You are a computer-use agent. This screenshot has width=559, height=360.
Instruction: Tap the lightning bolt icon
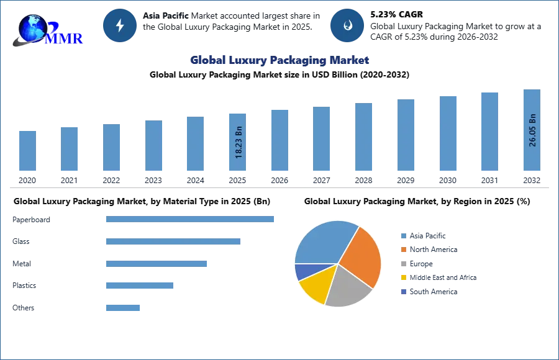(x=120, y=25)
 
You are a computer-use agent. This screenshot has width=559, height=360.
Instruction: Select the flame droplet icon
(x=347, y=25)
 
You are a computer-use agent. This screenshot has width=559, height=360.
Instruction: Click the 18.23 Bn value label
(x=239, y=143)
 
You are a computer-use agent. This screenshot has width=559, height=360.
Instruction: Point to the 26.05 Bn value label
(x=532, y=130)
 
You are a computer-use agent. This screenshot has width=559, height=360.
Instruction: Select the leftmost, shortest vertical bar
(x=27, y=151)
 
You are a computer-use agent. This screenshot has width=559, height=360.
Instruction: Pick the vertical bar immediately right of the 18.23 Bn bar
(x=278, y=142)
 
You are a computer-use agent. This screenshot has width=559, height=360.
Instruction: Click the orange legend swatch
(x=403, y=250)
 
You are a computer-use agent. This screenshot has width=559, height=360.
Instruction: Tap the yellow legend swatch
(x=403, y=278)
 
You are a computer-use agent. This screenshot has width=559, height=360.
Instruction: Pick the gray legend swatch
(x=403, y=264)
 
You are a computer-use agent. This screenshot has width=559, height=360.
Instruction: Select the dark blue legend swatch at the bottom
(x=403, y=292)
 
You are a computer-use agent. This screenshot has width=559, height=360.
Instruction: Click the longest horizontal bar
(x=191, y=218)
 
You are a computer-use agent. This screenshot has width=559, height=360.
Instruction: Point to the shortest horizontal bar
(x=124, y=307)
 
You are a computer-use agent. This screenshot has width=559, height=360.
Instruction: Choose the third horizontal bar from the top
(x=156, y=263)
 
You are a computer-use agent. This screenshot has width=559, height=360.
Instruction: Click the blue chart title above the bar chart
(x=280, y=60)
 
